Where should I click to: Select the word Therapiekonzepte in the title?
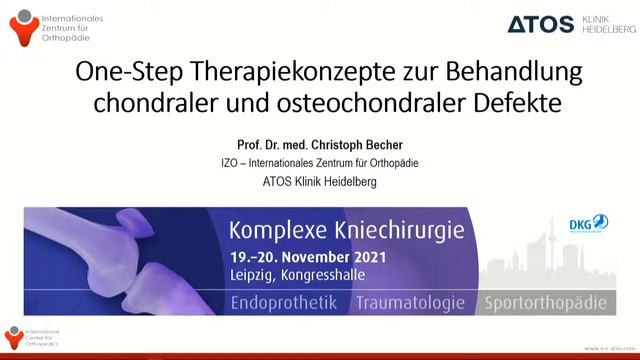259,75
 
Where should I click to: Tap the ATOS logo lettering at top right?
540,24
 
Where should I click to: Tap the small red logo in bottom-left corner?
14,337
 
